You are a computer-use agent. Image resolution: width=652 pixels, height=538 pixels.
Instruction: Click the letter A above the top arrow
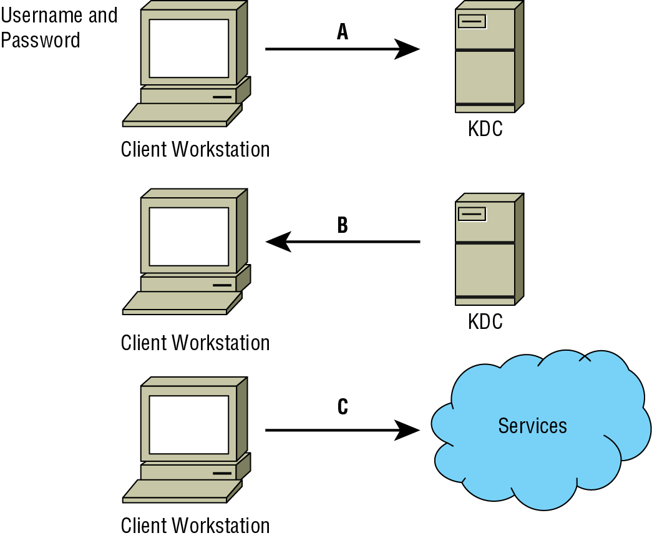tap(342, 32)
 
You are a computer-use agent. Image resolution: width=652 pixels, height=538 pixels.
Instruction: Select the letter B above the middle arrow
tap(342, 225)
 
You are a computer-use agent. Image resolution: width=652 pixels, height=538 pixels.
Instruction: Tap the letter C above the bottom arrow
tap(343, 407)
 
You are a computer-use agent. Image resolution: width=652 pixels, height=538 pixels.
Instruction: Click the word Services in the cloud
tap(532, 426)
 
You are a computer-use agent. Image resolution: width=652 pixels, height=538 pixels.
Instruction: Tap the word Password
tap(41, 41)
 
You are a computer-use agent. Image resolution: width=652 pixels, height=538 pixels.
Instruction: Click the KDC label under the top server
tap(485, 130)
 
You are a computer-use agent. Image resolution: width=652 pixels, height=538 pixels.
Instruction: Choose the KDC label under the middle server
tap(485, 322)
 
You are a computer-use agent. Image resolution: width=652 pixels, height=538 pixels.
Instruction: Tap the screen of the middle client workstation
tap(189, 237)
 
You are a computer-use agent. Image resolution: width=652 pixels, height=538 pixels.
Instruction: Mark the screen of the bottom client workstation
tap(189, 424)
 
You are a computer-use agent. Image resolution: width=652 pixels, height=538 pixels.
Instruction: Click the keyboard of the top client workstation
tap(182, 115)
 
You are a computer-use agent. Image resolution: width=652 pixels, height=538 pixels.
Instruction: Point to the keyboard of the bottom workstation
tap(182, 491)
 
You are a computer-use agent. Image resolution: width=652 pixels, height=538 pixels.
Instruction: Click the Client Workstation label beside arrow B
tap(195, 343)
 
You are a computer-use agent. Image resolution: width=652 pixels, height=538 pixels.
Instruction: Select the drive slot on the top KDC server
tap(472, 22)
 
